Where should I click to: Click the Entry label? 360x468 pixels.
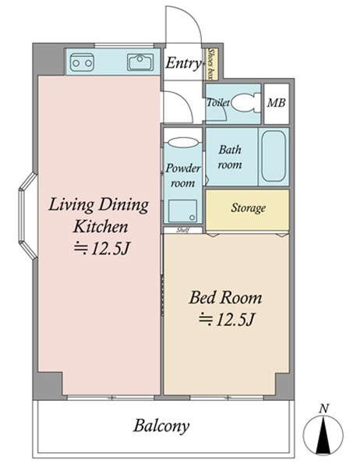point(183,63)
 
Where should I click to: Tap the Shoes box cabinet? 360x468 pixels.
point(213,64)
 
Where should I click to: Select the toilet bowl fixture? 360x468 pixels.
point(245,103)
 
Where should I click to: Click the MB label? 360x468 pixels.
point(277,103)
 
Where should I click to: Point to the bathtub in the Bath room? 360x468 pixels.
point(274,157)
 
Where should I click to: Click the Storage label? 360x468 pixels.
point(248,207)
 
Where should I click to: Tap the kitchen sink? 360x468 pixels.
point(140,62)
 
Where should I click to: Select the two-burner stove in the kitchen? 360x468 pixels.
point(82,62)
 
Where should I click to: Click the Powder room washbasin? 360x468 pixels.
point(183,142)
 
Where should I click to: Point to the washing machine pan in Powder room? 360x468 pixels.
point(182,211)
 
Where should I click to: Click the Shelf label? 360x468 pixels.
point(182,230)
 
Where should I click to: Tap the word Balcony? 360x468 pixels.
point(161,426)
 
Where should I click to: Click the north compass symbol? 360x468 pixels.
point(323,434)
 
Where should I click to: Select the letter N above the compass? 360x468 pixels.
point(323,408)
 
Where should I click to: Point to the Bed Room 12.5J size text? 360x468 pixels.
point(227,319)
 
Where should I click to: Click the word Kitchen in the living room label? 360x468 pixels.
point(101,226)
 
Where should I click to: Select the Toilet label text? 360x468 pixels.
point(218,103)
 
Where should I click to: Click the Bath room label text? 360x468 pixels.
point(230,157)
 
